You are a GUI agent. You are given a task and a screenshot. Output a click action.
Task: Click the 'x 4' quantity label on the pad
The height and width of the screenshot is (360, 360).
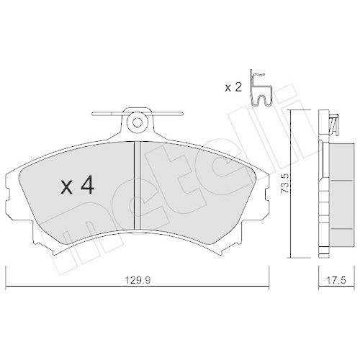(76, 186)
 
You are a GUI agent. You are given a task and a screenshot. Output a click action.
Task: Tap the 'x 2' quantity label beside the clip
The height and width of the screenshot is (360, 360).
(233, 88)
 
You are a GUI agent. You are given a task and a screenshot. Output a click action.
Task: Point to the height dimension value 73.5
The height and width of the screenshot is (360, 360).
(285, 185)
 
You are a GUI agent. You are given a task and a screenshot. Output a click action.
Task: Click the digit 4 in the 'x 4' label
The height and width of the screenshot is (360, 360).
(86, 186)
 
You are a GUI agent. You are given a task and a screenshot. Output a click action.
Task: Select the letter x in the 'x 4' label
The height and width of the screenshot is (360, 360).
(66, 188)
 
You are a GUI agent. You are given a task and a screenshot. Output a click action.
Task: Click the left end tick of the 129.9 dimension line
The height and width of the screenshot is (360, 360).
(6, 276)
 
